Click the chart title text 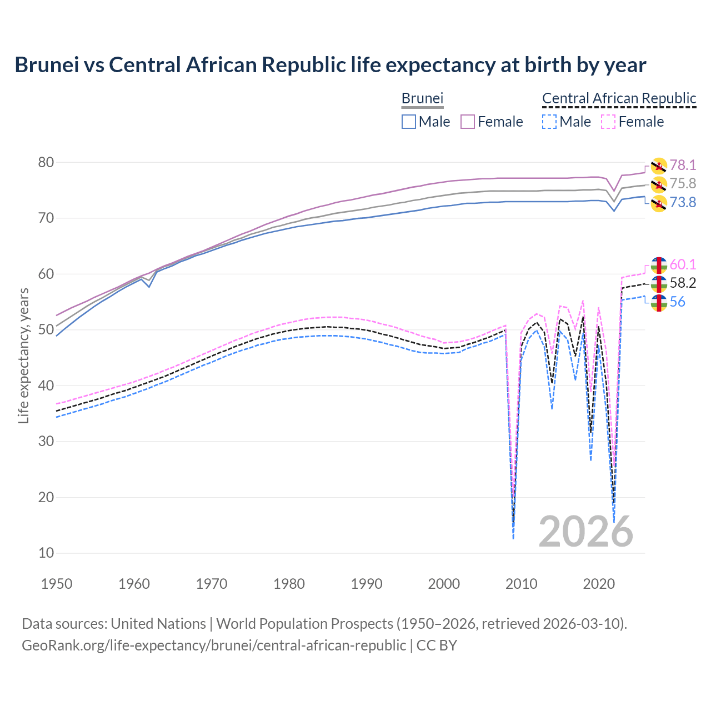pos(330,65)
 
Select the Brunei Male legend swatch pos(408,122)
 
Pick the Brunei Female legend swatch pos(468,122)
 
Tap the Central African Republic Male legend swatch pos(549,122)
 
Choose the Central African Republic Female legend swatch pos(608,122)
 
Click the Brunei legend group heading pos(422,99)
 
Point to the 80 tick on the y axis pos(46,163)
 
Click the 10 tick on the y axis pos(46,553)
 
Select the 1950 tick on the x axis pos(57,584)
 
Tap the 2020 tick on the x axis pos(599,584)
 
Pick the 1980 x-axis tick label pos(289,584)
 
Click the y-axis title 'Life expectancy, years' pos(23,355)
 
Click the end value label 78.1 pos(683,165)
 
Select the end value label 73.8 pos(683,202)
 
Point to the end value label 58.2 pos(683,283)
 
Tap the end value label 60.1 pos(683,264)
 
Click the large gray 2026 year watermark pos(585,532)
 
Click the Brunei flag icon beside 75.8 pos(659,184)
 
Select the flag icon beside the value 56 pos(659,303)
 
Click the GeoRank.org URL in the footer pos(214,645)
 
